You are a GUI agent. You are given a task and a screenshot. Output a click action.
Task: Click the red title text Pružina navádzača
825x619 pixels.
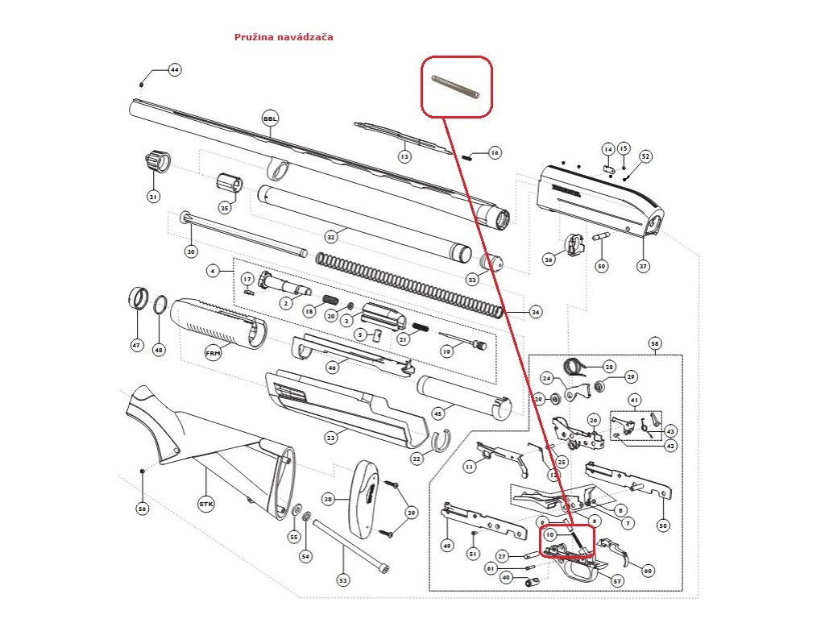coord(283,37)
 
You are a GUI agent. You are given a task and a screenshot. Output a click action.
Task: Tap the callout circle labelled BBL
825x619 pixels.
coord(269,118)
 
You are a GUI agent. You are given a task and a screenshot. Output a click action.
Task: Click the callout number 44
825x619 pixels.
coord(174,70)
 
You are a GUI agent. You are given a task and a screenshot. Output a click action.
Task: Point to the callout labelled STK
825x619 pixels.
coord(205,504)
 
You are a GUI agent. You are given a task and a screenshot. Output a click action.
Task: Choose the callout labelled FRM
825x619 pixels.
coord(213,352)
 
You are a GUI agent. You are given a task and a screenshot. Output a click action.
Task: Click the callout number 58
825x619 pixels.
coord(654,344)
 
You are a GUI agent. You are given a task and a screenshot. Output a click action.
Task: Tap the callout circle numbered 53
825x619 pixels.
coord(343,580)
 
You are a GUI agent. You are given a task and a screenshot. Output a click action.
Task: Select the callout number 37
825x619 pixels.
coord(643,266)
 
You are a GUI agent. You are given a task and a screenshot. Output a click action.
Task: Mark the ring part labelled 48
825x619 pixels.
coord(160,307)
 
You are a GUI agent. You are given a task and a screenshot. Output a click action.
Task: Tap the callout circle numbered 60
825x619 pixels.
coord(646,570)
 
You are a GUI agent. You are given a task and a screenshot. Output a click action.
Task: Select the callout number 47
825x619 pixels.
coord(136,346)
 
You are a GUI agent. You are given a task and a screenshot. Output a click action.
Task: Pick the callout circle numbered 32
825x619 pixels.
coord(330,238)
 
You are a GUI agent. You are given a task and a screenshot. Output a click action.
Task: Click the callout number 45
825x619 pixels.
coord(438,414)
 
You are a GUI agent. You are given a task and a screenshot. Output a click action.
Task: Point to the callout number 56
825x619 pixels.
coord(142,509)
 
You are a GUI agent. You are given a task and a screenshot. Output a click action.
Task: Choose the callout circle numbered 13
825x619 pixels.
coord(404,156)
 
